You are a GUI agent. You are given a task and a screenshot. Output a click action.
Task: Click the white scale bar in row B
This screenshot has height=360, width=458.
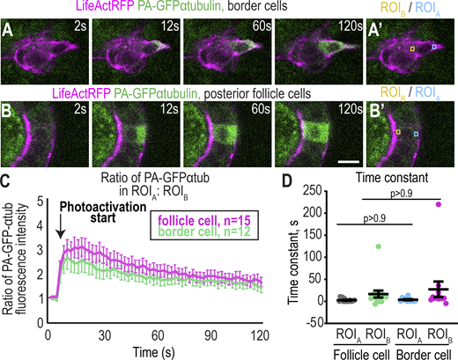pos(346,162)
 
